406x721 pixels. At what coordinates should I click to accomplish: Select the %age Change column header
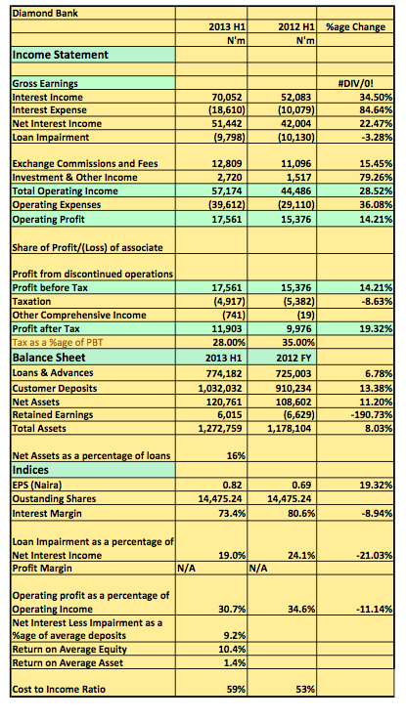tap(355, 26)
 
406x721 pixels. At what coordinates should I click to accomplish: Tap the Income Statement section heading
tap(61, 55)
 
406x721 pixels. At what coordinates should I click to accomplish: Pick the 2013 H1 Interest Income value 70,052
tap(227, 97)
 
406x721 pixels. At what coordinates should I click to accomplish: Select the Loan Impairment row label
tap(51, 137)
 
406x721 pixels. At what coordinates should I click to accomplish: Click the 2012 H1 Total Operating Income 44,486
tap(295, 191)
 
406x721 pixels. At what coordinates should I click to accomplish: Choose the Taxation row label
tap(31, 302)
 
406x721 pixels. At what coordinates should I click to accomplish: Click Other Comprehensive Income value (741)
tap(233, 316)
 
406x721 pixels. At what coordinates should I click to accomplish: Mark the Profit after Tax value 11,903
tap(227, 329)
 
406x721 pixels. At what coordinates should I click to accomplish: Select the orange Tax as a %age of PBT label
tap(58, 343)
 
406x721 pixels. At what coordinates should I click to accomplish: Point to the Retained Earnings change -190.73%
tap(371, 415)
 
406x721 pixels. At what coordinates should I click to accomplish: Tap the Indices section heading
tap(30, 470)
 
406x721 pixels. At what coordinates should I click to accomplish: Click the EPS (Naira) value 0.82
tap(233, 486)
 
